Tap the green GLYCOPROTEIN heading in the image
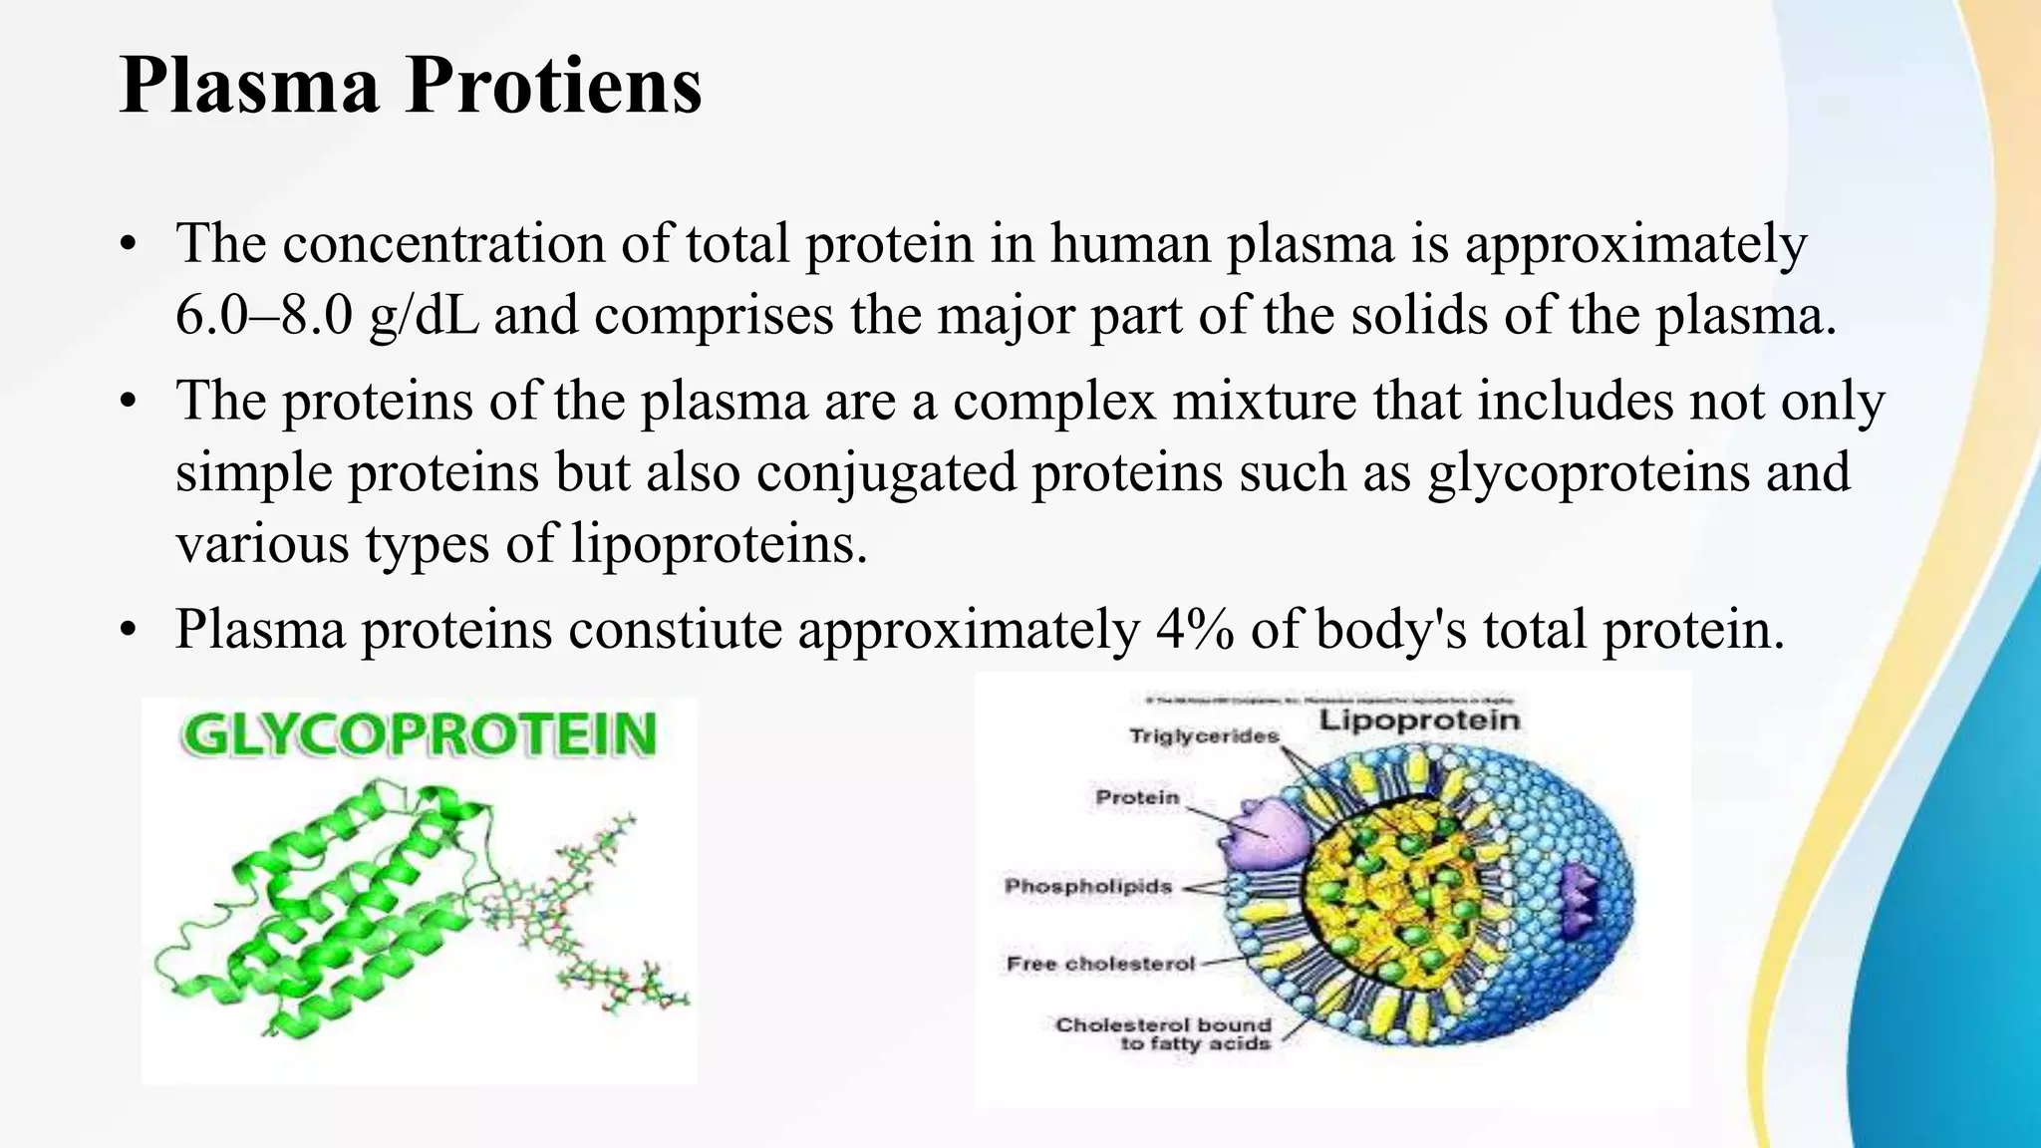(419, 735)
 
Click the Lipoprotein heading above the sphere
(1419, 720)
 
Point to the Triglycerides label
(1204, 736)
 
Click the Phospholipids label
(1087, 886)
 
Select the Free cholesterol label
(1100, 964)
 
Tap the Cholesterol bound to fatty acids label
(1164, 1034)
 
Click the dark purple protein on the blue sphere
(1577, 902)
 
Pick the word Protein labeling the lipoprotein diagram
(1137, 797)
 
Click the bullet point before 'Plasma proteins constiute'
(127, 632)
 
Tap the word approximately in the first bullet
(1634, 245)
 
